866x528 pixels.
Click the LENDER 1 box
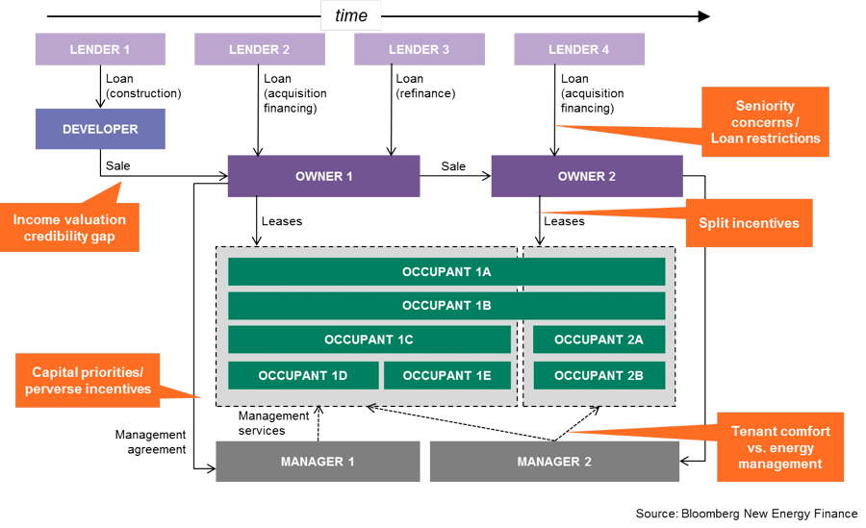point(99,49)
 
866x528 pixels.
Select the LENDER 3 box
point(419,49)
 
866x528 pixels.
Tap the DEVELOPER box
point(100,129)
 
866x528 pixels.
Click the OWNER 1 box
point(323,176)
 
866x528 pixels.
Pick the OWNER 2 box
point(587,176)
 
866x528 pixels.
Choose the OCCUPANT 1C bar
point(369,339)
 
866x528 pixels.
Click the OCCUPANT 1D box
point(303,375)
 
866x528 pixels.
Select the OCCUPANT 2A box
point(599,339)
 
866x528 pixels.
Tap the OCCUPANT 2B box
point(599,375)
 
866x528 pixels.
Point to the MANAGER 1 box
point(318,462)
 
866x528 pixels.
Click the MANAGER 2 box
point(554,462)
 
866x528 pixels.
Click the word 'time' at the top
point(351,15)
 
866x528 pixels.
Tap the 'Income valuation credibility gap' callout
point(69,227)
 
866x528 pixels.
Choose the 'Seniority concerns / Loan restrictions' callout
point(766,121)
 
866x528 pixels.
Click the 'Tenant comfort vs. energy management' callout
point(781,448)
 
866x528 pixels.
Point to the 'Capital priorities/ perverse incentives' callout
point(91,380)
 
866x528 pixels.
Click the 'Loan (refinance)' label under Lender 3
point(424,87)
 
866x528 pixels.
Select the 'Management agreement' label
point(150,441)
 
